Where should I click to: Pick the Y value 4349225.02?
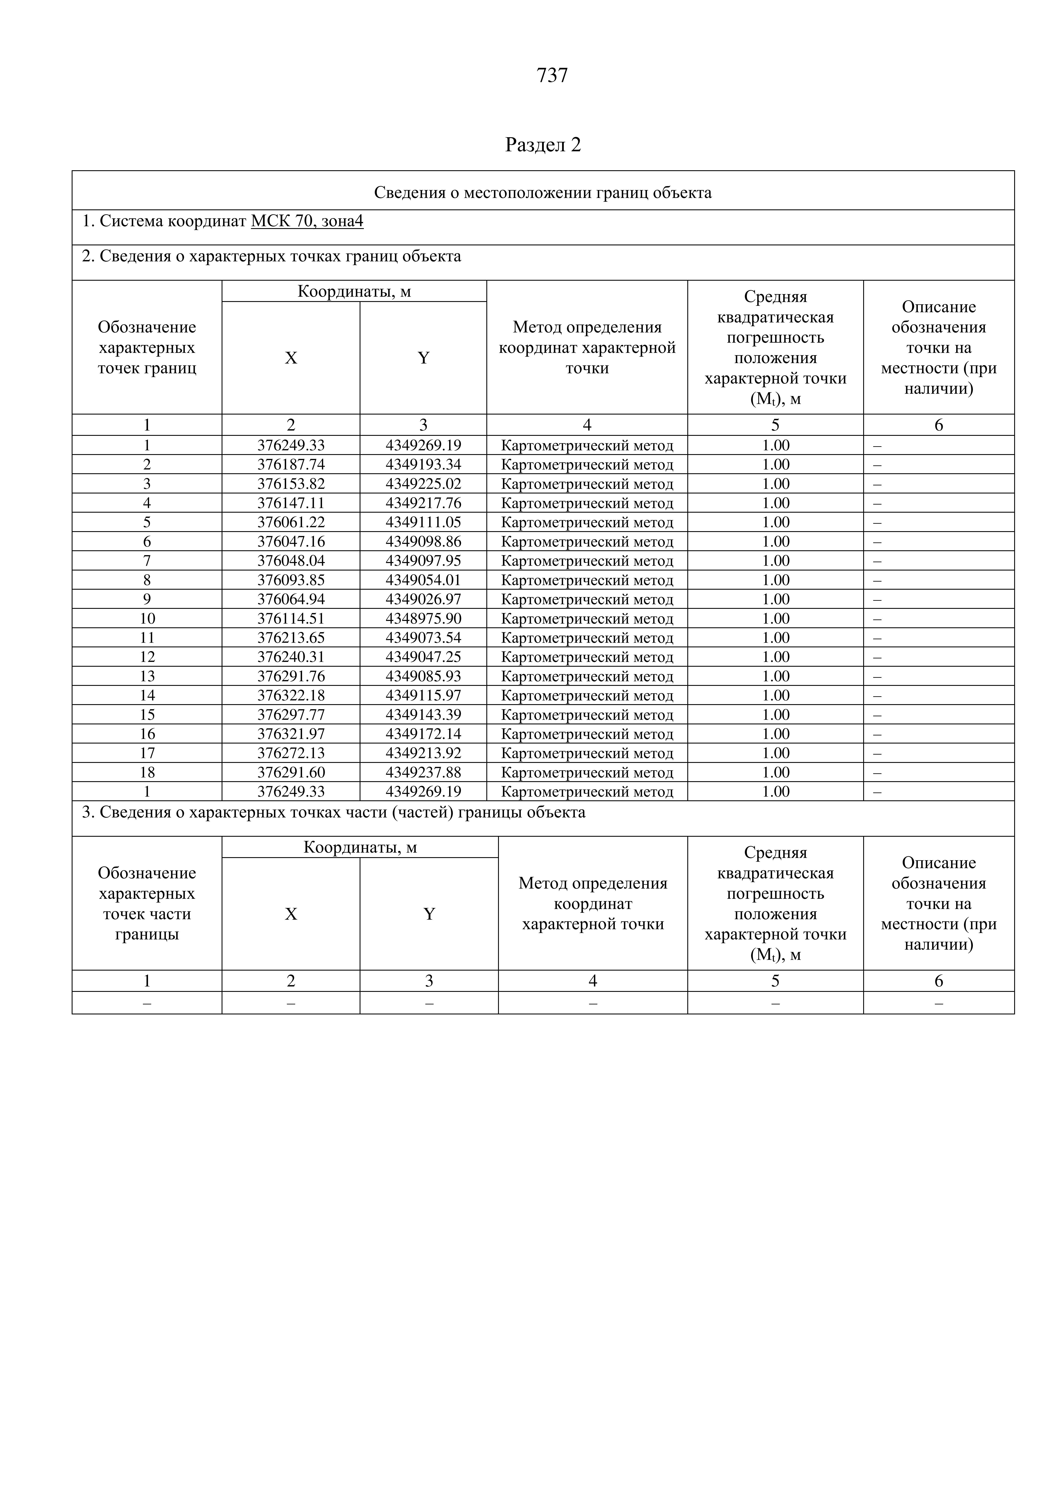(423, 484)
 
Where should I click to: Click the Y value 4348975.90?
(423, 618)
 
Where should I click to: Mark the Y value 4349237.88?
(423, 772)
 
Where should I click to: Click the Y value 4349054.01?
(423, 580)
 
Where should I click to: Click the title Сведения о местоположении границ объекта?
(543, 193)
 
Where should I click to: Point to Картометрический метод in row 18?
(587, 772)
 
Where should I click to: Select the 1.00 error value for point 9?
(776, 599)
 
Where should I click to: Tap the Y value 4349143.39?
(423, 715)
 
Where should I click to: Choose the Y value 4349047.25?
(423, 657)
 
